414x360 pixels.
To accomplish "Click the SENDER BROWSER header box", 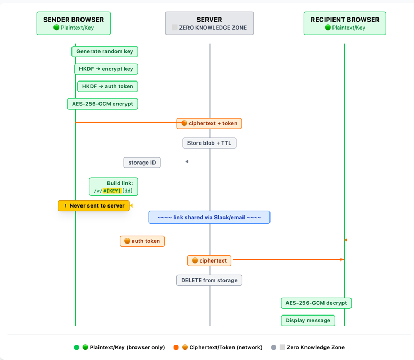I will tap(74, 23).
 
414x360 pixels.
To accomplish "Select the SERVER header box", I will tap(209, 23).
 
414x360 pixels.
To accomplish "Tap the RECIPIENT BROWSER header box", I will tap(345, 23).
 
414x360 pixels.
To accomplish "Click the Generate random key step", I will tap(105, 51).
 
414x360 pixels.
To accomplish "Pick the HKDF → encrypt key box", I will tap(106, 69).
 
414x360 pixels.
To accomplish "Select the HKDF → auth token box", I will tap(107, 86).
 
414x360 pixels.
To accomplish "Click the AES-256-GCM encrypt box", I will tap(102, 104).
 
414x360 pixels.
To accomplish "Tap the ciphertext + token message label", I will tap(209, 123).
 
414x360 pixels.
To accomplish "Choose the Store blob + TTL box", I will tap(209, 143).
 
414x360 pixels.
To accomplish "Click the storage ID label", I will tap(142, 163).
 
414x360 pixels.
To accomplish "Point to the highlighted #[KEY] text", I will tap(112, 191).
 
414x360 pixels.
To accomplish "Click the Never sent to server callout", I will tap(94, 205).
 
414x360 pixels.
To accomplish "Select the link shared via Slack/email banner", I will tap(209, 217).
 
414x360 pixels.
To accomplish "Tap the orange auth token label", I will tap(142, 241).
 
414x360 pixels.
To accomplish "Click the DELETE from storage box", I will tap(209, 280).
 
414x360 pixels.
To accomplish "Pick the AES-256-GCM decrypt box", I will tap(316, 303).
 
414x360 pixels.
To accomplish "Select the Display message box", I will tap(308, 320).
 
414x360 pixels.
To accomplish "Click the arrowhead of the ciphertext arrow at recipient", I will tap(342, 260).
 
